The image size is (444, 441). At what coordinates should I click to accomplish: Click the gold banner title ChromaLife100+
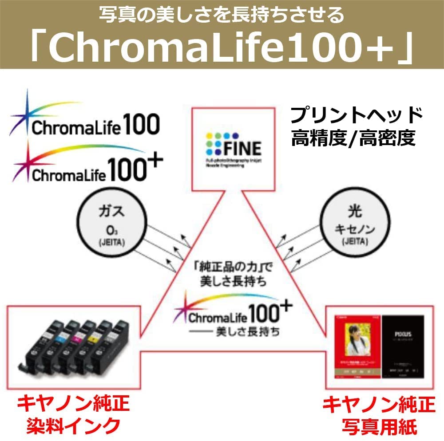click(x=222, y=46)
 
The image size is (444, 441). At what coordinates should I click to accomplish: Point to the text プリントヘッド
click(x=357, y=116)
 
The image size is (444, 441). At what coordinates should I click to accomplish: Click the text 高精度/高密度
click(x=353, y=138)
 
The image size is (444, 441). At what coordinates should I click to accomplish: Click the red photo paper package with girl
click(x=356, y=348)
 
